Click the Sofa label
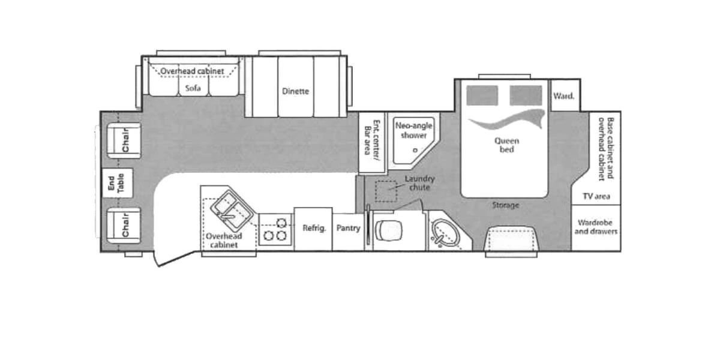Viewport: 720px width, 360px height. click(x=193, y=88)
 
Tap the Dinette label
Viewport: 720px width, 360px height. click(x=295, y=91)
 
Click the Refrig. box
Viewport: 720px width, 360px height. click(x=313, y=228)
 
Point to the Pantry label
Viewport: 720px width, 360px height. click(x=348, y=228)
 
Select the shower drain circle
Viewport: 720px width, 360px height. click(x=415, y=150)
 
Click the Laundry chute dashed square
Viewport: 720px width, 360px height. click(x=385, y=191)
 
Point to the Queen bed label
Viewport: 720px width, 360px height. click(x=506, y=145)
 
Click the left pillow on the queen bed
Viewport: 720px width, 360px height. click(x=482, y=95)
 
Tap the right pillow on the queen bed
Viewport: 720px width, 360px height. click(x=526, y=95)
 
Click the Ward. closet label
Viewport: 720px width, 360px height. click(x=564, y=95)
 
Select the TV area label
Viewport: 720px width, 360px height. click(x=596, y=196)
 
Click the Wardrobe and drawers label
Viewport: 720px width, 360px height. click(x=596, y=227)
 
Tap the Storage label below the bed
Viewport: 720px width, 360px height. click(x=505, y=205)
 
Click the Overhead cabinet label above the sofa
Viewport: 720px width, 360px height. click(x=192, y=71)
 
